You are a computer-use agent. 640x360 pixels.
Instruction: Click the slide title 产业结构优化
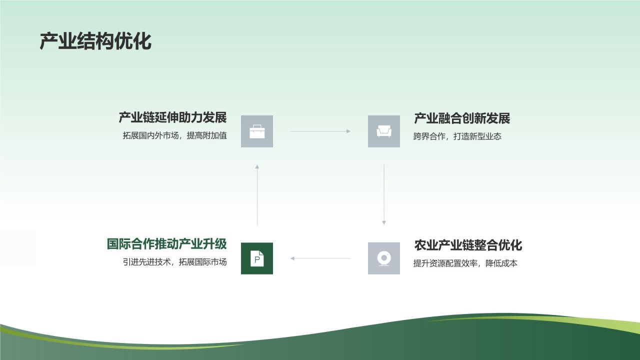(95, 42)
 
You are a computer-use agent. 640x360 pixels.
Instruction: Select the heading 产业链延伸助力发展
(172, 117)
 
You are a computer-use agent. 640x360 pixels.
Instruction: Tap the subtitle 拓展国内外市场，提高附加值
(174, 135)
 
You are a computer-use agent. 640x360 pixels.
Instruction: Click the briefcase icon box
(257, 131)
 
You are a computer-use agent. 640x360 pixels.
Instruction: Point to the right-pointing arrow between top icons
(320, 131)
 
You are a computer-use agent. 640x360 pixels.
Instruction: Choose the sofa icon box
(384, 131)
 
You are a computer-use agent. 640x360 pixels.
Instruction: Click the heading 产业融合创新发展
(462, 118)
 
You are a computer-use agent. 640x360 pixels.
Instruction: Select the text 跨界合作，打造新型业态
(457, 136)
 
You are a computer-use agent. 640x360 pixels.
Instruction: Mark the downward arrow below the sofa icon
(384, 195)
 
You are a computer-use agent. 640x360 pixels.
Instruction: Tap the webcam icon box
(384, 258)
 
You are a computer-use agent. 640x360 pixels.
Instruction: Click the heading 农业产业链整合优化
(468, 245)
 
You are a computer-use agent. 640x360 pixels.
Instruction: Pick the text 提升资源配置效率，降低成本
(465, 263)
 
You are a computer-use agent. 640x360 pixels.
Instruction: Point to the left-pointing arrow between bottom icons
(320, 258)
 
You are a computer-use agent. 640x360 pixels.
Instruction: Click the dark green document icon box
(257, 258)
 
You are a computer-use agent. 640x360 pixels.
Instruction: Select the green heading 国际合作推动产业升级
(166, 244)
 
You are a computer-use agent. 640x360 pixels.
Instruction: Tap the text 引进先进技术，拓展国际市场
(174, 262)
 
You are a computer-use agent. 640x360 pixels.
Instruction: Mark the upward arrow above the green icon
(257, 195)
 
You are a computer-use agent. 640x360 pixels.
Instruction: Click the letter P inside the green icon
(257, 259)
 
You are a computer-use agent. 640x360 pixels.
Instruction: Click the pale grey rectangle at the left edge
(18, 248)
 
